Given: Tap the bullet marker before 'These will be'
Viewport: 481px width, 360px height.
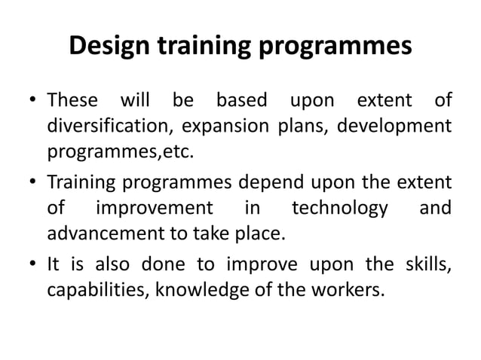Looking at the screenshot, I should point(33,101).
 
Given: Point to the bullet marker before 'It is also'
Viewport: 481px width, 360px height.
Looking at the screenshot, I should point(33,264).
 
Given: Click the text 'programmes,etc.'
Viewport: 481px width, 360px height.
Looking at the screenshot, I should point(120,154).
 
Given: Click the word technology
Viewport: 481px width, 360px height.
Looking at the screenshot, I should point(340,207).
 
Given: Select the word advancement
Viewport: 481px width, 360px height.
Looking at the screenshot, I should point(103,234).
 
